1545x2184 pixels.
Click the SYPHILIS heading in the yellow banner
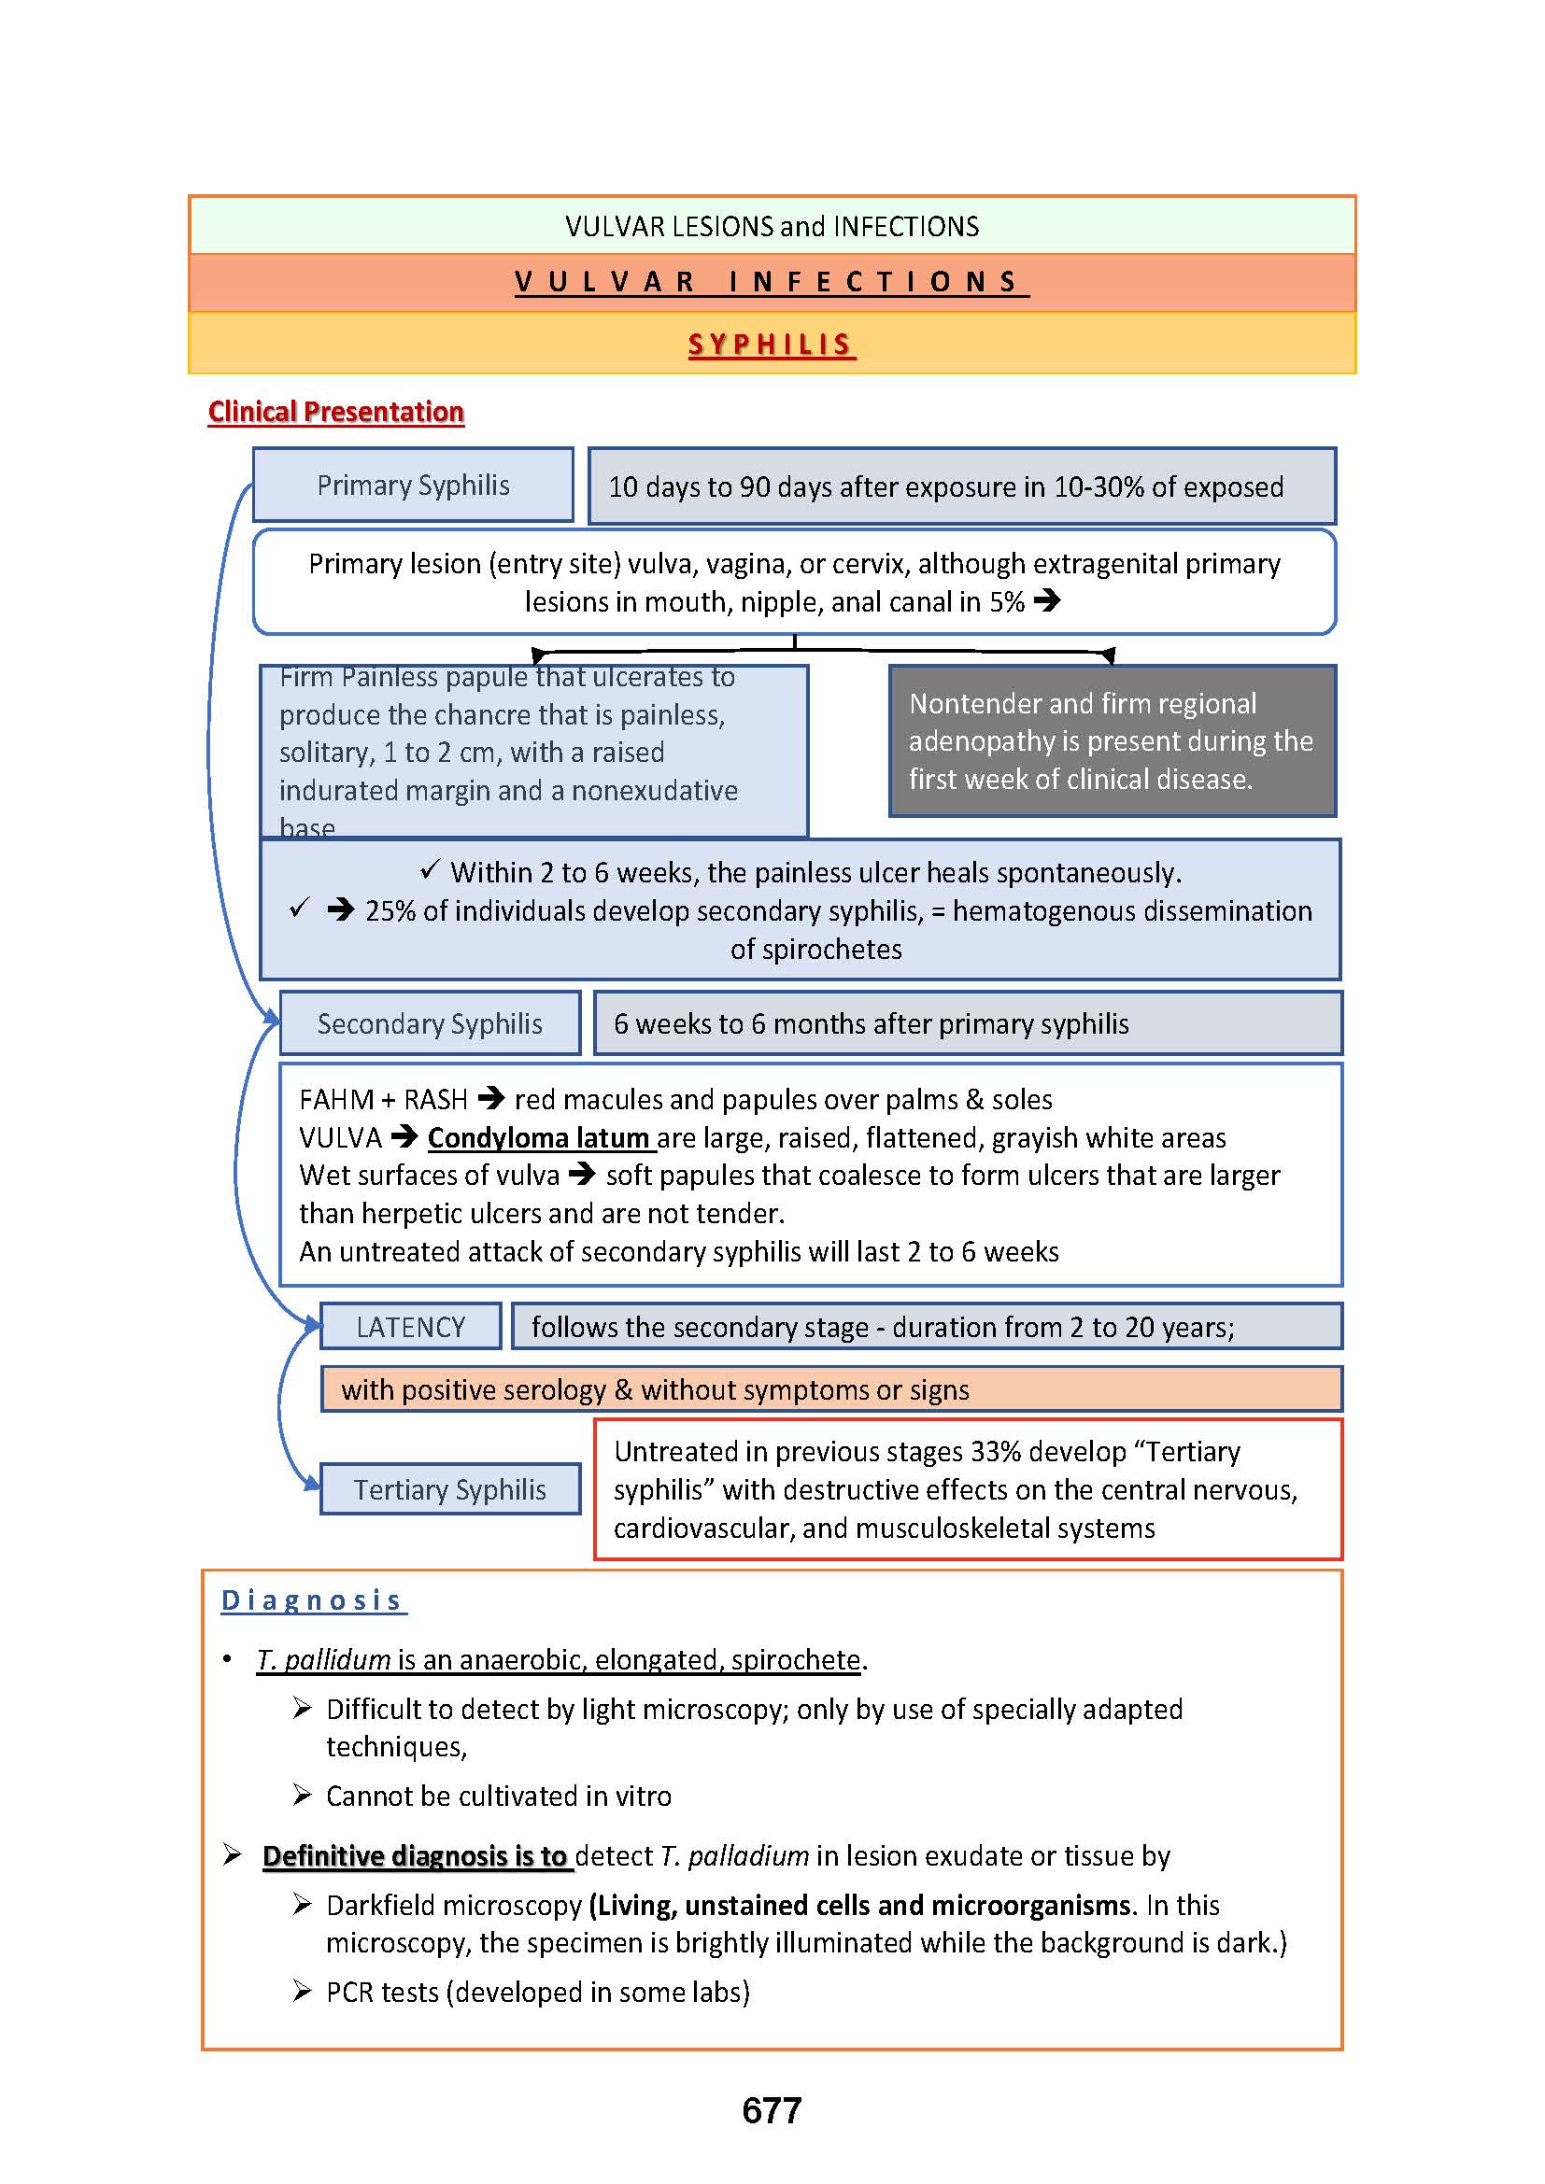click(772, 345)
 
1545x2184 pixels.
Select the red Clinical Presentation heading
click(336, 412)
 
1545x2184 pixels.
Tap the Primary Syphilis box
click(413, 486)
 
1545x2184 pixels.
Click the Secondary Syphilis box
click(429, 1023)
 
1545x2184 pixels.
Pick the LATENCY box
click(410, 1327)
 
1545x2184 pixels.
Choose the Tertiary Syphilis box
click(450, 1489)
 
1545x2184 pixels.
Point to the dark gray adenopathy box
click(1113, 741)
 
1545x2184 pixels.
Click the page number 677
click(772, 2110)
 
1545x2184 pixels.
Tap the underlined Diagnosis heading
click(312, 1601)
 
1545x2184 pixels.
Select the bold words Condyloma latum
click(538, 1137)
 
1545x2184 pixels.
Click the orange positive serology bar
click(830, 1389)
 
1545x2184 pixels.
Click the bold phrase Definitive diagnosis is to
click(415, 1856)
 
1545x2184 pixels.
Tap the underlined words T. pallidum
click(323, 1660)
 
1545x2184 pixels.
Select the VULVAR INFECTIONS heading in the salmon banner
click(772, 282)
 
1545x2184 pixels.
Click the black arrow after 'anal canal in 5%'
click(1046, 601)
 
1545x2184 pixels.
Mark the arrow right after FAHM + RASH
click(491, 1100)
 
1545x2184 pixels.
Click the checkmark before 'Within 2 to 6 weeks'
click(430, 869)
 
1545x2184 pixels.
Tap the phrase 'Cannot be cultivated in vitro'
click(499, 1796)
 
